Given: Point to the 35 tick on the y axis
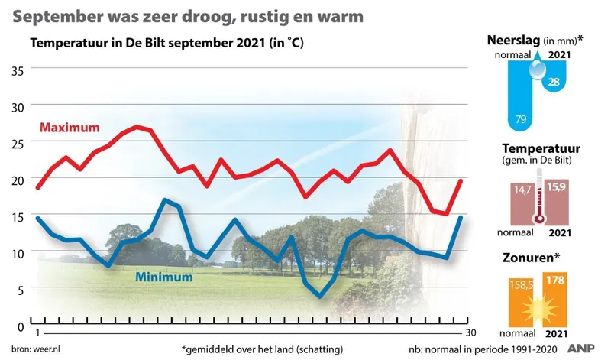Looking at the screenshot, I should [16, 70].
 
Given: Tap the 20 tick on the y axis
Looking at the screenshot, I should [16, 180].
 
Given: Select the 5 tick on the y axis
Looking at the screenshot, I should [20, 289].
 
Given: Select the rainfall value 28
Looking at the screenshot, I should [554, 82].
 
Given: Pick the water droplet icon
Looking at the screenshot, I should [539, 70].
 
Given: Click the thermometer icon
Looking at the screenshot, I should [541, 196].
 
